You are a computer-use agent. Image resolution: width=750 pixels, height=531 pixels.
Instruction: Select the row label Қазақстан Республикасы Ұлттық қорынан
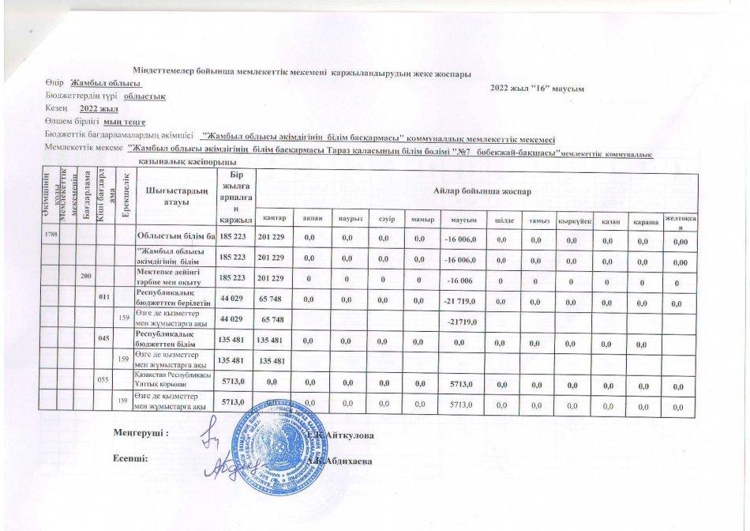pyautogui.click(x=174, y=380)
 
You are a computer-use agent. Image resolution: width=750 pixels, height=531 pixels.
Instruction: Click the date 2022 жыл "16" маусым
pyautogui.click(x=537, y=88)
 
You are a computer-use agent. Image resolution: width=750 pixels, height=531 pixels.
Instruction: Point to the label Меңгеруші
pyautogui.click(x=141, y=434)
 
